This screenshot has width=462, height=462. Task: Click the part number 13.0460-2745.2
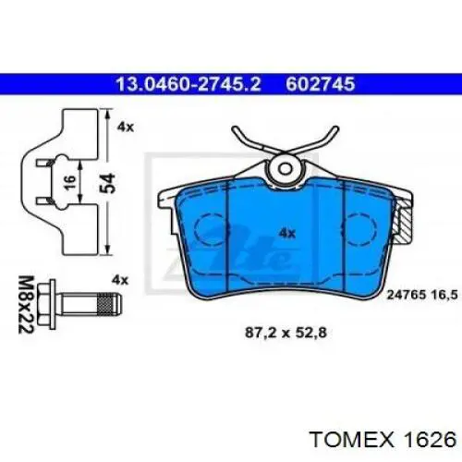[188, 84]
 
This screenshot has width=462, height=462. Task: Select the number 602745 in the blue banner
[321, 84]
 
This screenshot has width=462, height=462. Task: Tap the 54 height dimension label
[108, 183]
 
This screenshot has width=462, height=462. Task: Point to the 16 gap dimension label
[70, 182]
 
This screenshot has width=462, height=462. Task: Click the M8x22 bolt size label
[25, 304]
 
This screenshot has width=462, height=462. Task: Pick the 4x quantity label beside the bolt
[120, 280]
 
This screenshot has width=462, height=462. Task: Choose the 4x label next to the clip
[125, 127]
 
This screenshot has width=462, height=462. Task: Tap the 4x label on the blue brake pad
[286, 233]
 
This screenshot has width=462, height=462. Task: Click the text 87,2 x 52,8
[286, 333]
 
